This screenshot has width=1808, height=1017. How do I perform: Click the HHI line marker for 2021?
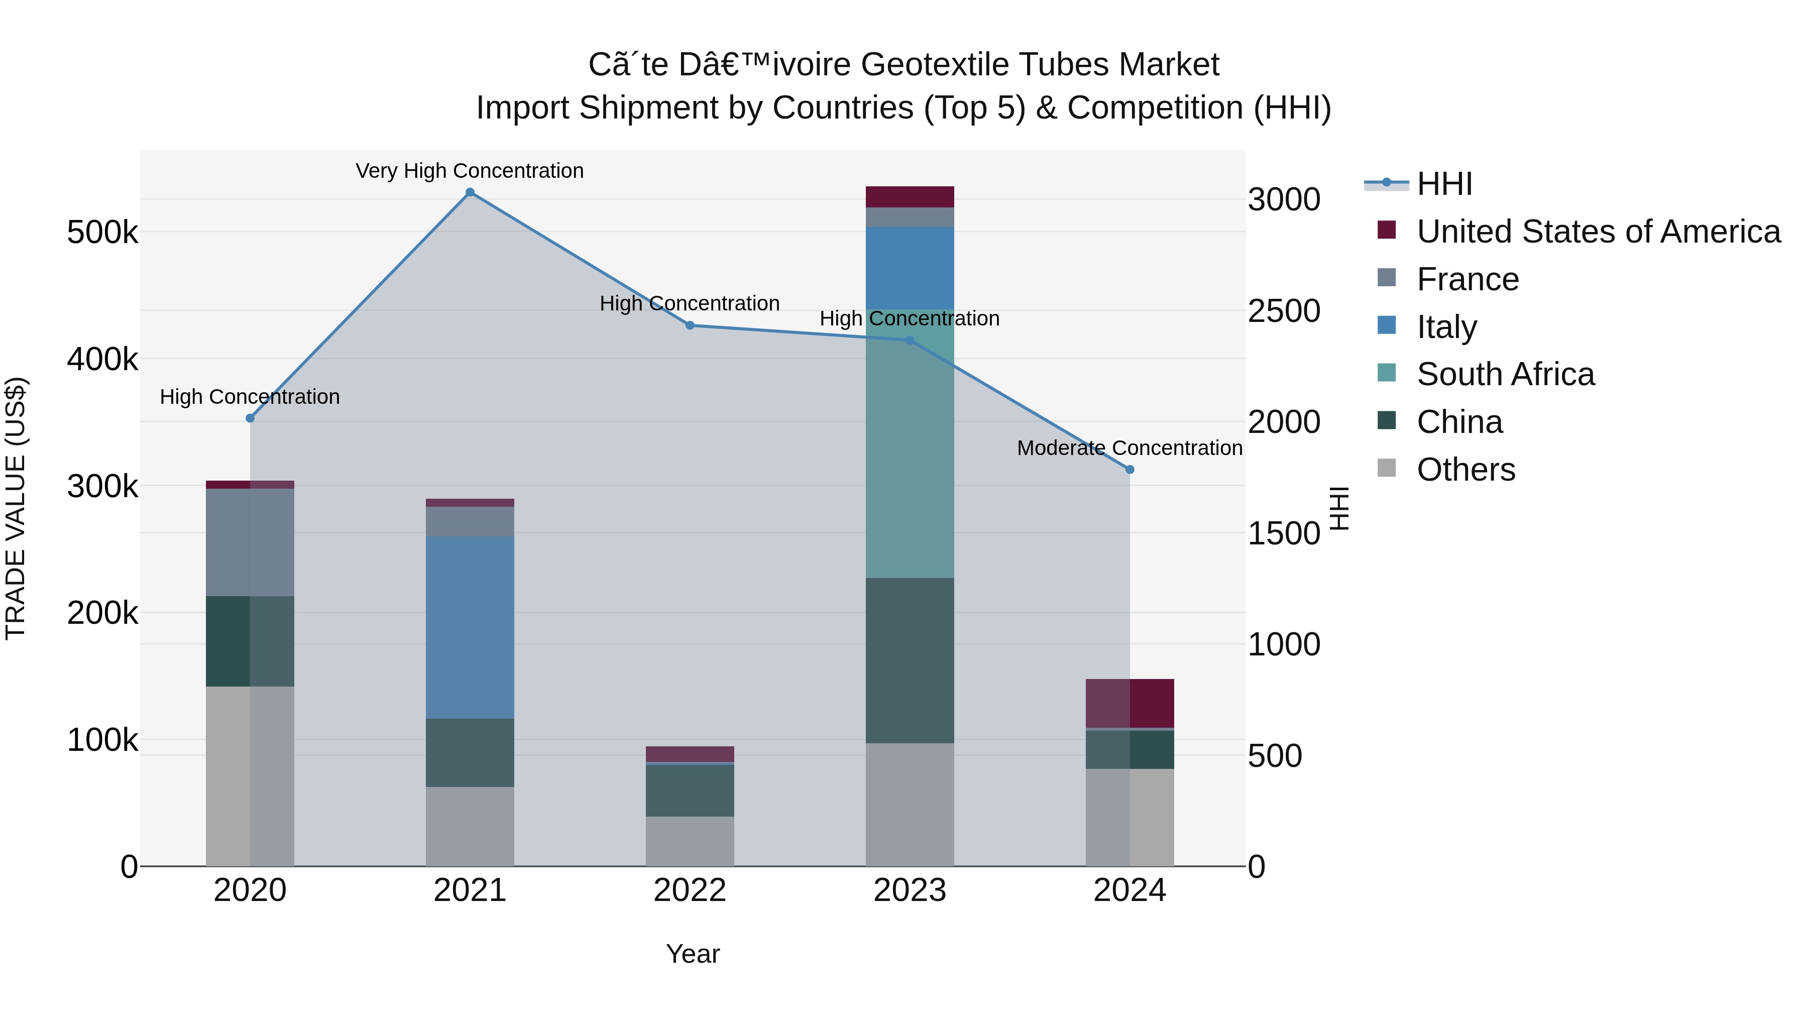tap(470, 192)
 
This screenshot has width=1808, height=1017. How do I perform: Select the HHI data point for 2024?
tap(1129, 470)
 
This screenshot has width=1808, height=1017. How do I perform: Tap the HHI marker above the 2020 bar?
tap(250, 418)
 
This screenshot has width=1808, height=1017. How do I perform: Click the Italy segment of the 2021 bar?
tap(470, 627)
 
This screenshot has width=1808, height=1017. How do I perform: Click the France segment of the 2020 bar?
tap(250, 542)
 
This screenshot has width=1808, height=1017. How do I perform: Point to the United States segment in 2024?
tap(1129, 703)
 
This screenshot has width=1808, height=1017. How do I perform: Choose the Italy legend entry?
tap(1446, 327)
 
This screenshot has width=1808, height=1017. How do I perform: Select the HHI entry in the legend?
tap(1444, 184)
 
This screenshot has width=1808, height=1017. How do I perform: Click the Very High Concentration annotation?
tap(470, 171)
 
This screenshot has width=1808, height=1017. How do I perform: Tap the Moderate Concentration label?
tap(1129, 448)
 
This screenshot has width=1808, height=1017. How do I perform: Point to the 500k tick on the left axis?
tap(102, 233)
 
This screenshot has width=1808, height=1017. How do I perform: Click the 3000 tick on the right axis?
tap(1284, 200)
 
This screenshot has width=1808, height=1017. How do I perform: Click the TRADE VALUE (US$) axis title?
tap(16, 508)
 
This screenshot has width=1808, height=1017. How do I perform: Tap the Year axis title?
tap(692, 954)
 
